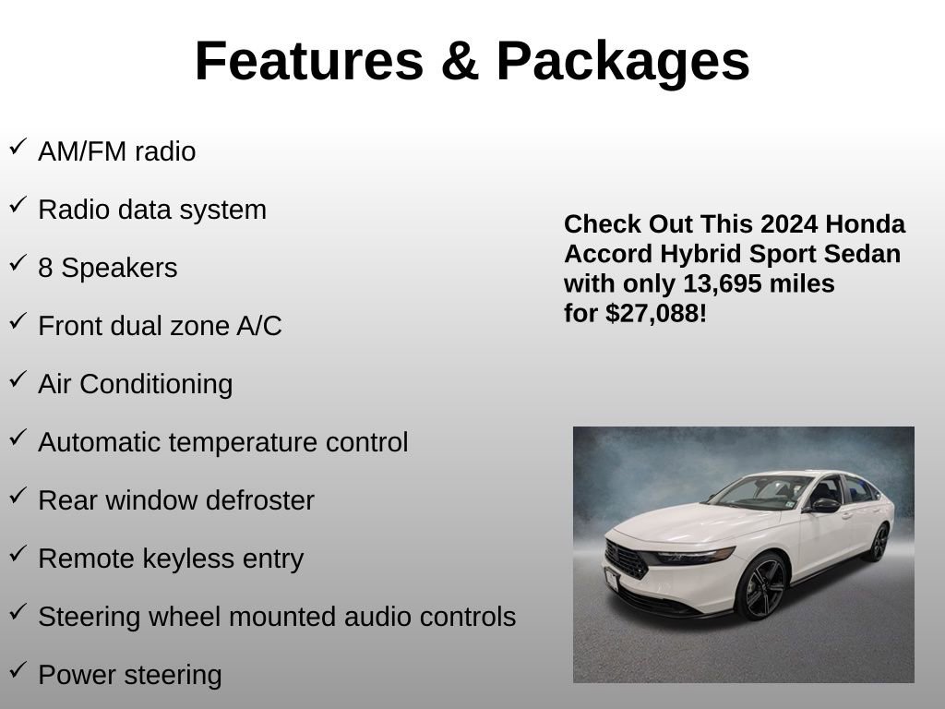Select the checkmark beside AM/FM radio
point(18,147)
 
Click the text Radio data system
point(152,210)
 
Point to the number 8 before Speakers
point(45,268)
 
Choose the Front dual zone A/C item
point(160,326)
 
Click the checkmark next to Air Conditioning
point(18,379)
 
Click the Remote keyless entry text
point(171,559)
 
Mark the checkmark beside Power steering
point(18,670)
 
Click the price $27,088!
point(656,314)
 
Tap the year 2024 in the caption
point(789,224)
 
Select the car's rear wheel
point(877,542)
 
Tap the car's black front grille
point(627,559)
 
